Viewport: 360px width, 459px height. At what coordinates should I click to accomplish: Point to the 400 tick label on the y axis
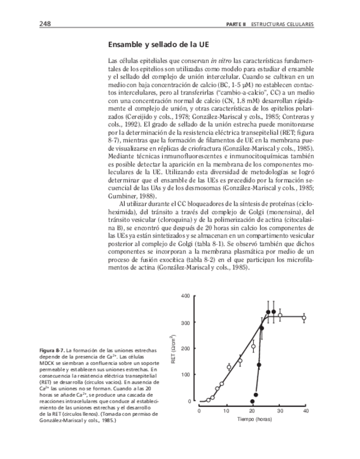click(186, 296)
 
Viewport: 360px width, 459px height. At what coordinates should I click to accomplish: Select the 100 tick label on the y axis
click(186, 375)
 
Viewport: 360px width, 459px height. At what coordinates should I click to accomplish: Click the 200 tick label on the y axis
click(186, 349)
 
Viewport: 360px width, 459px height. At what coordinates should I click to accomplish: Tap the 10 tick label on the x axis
click(226, 412)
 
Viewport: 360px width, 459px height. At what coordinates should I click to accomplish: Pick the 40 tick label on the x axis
click(305, 412)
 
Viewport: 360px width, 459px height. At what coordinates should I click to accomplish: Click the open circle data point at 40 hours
click(304, 318)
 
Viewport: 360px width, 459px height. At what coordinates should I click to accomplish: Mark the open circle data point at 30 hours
click(280, 315)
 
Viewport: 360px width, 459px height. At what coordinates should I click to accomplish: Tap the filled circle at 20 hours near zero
click(252, 401)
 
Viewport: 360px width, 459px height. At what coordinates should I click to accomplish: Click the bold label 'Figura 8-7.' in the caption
click(52, 352)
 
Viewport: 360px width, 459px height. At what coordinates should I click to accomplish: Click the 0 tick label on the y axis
click(189, 401)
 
